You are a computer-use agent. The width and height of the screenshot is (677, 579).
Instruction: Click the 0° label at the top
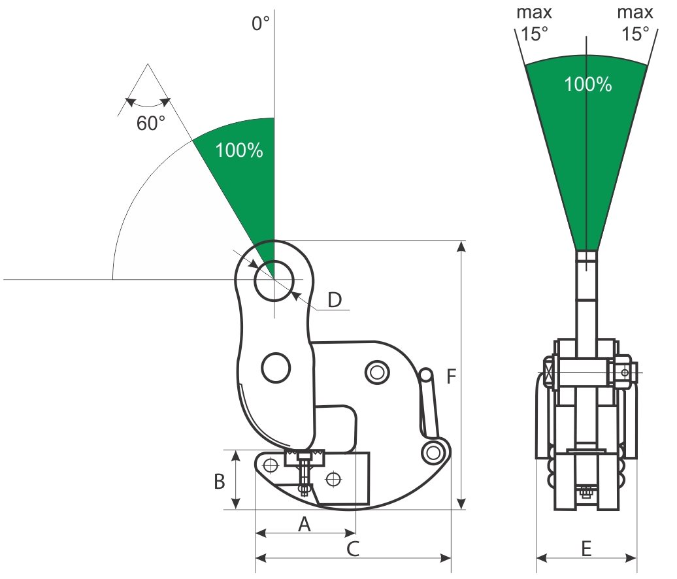coord(261,24)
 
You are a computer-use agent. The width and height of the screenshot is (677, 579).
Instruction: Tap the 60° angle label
coord(151,124)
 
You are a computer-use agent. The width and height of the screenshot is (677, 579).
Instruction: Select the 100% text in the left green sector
coord(239,150)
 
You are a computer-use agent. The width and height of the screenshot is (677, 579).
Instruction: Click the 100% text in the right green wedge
coord(587,84)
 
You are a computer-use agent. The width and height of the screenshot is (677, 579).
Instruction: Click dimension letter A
coord(303,523)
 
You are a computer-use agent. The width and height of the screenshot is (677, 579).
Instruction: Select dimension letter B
coord(220,482)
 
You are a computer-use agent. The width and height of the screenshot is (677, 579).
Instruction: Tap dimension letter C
coord(352,548)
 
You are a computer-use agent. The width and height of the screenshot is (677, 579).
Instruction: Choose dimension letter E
coord(586,548)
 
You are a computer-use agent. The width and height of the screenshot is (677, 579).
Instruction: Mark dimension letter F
coord(451,376)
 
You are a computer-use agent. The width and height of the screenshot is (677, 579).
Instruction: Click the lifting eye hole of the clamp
coord(274,280)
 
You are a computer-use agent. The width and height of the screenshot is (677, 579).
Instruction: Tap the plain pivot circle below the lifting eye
coord(276,367)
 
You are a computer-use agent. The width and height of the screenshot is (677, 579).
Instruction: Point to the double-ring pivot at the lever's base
coord(432,453)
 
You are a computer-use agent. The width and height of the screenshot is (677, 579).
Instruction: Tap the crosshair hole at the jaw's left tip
coord(269,465)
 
